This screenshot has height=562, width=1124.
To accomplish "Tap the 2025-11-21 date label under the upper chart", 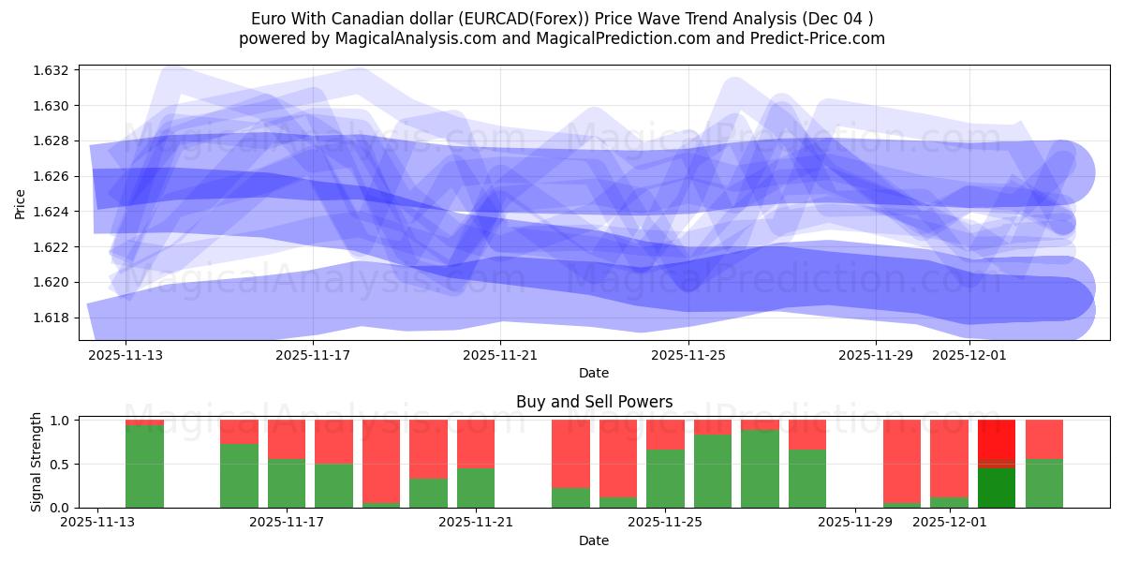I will point(500,355).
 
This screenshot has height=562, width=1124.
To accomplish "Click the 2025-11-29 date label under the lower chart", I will point(856,523).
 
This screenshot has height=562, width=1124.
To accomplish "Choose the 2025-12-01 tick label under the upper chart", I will point(969,355).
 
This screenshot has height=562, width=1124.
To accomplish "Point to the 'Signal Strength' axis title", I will point(37,462).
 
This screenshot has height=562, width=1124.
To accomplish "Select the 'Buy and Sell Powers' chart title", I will point(594,402).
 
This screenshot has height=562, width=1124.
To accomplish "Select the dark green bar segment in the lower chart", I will point(996,487).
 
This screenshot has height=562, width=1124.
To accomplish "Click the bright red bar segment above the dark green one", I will point(996,440).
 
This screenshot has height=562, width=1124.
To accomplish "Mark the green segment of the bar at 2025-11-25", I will point(665,479).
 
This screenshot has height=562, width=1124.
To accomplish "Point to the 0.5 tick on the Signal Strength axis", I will point(62,465).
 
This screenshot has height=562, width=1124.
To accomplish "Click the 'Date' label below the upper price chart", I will point(594,373).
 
